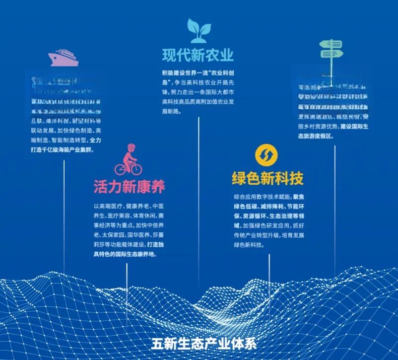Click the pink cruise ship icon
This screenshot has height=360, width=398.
[x=63, y=58]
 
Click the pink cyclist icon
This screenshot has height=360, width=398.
[x=128, y=159]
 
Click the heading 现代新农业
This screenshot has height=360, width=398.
[x=198, y=54]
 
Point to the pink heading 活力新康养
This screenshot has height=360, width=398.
[x=129, y=187]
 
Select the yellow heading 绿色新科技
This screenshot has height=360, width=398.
[x=267, y=178]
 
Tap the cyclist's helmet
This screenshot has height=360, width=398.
[x=131, y=147]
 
